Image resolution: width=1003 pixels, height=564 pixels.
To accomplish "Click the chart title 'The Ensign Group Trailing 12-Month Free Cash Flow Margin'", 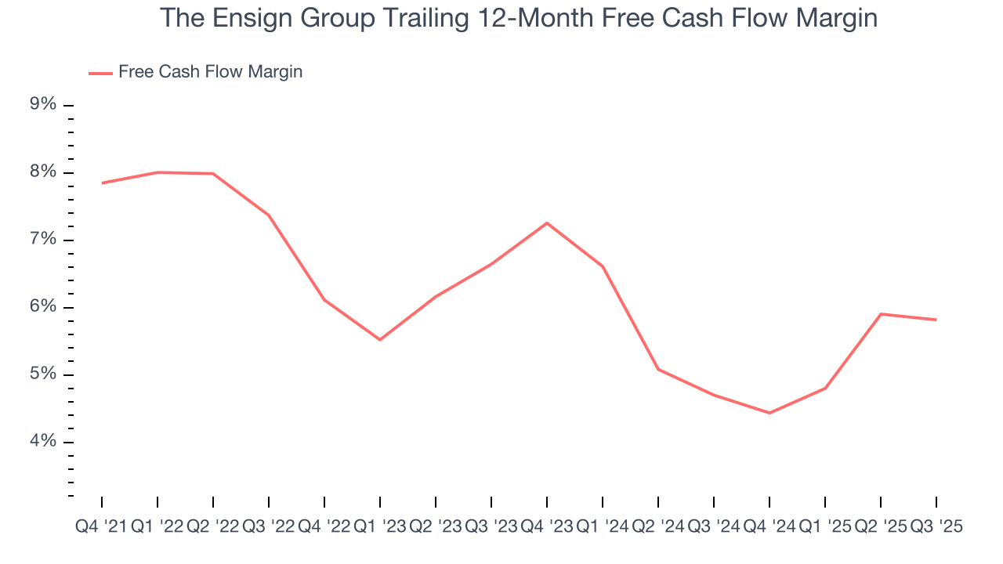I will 518,18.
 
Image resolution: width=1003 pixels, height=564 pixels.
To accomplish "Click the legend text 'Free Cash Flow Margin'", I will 210,72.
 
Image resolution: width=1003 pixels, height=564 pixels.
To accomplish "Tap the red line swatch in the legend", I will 100,73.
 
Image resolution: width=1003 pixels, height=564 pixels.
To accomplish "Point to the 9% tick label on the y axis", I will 45,104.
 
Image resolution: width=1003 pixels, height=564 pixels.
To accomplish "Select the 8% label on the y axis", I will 45,172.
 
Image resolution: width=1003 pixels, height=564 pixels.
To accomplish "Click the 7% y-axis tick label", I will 45,240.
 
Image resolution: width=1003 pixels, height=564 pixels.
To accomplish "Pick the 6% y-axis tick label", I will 45,307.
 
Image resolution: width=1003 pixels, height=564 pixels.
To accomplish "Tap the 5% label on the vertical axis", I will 45,374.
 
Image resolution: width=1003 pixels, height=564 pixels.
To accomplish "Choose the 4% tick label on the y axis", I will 45,442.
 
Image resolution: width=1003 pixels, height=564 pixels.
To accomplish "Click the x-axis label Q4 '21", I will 101,527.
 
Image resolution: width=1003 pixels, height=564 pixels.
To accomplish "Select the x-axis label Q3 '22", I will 269,527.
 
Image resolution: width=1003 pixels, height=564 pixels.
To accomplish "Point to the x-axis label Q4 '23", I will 547,527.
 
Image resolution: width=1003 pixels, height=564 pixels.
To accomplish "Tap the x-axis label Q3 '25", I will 936,527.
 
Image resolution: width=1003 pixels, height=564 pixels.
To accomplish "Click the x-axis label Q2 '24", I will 658,527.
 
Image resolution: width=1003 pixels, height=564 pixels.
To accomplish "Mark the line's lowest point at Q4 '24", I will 769,413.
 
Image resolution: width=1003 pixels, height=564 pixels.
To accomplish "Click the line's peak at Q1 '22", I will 158,172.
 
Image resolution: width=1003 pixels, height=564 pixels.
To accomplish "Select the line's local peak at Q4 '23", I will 547,222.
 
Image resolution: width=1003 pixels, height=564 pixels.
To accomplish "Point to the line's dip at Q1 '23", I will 380,339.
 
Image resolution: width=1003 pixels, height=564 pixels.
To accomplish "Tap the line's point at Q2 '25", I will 881,314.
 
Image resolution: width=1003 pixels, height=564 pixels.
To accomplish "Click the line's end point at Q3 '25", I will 936,320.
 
